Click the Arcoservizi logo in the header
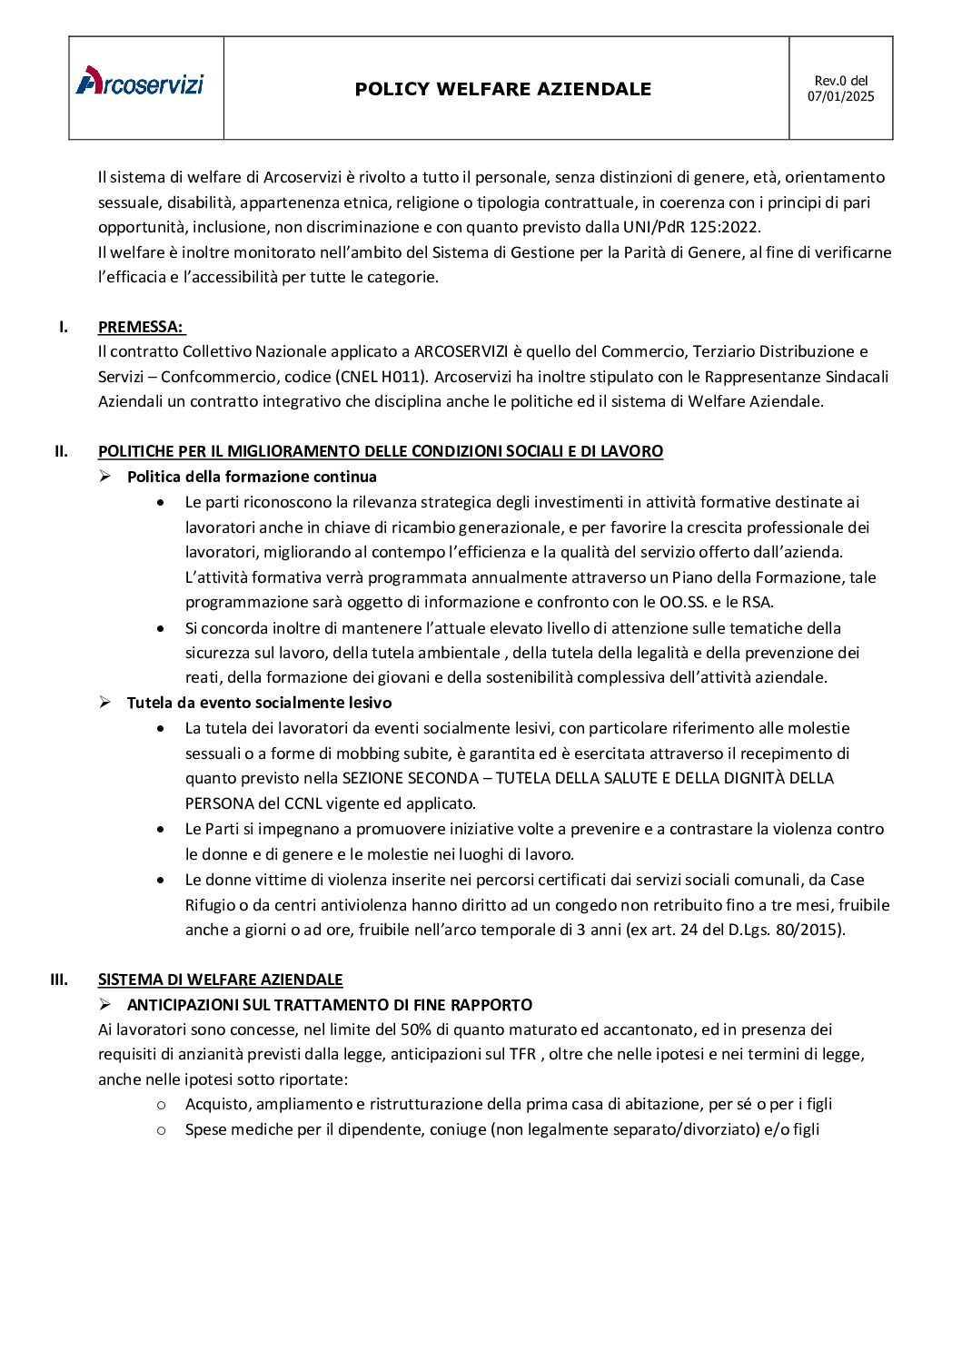[140, 82]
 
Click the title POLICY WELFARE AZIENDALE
[502, 89]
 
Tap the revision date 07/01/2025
[840, 97]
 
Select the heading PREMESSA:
[140, 327]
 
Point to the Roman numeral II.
[62, 451]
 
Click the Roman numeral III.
[59, 980]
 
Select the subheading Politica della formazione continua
[252, 477]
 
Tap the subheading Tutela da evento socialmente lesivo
[259, 703]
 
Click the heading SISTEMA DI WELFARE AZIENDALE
[220, 980]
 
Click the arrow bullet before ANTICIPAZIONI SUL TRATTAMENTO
[105, 1004]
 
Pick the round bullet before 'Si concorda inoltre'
[161, 628]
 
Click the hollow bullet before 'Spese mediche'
[161, 1130]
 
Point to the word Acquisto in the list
[216, 1105]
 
